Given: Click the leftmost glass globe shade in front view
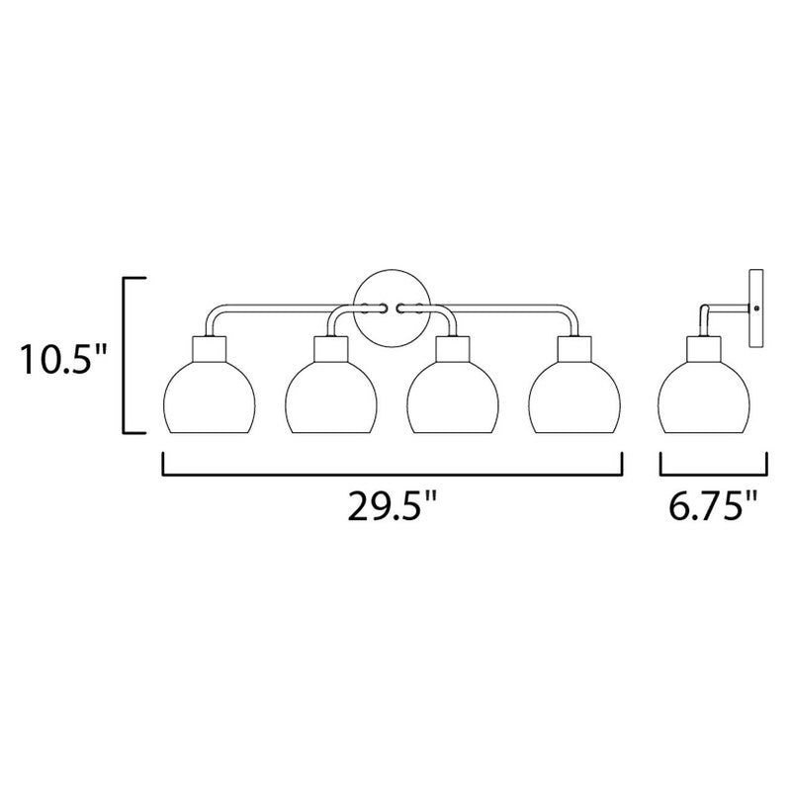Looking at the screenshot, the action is click(210, 397).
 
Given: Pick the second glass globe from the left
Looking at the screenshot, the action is click(331, 397).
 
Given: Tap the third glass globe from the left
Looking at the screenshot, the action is click(453, 397).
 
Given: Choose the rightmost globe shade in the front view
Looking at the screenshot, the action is click(574, 397).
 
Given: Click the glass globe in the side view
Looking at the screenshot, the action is click(703, 397).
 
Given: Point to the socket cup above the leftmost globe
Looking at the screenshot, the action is click(210, 349).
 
